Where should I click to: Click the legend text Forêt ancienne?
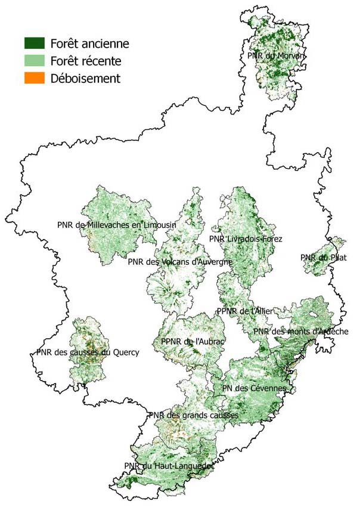[89, 44]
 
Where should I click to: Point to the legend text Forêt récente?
[86, 61]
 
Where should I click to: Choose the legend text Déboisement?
[85, 78]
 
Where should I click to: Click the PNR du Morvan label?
[276, 55]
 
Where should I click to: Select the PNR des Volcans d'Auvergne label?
[180, 261]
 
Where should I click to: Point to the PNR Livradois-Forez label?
[246, 239]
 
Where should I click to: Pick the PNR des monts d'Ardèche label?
[300, 331]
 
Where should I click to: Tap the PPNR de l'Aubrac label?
[192, 341]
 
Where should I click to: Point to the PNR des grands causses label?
[194, 415]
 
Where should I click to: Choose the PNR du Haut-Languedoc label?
[168, 466]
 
